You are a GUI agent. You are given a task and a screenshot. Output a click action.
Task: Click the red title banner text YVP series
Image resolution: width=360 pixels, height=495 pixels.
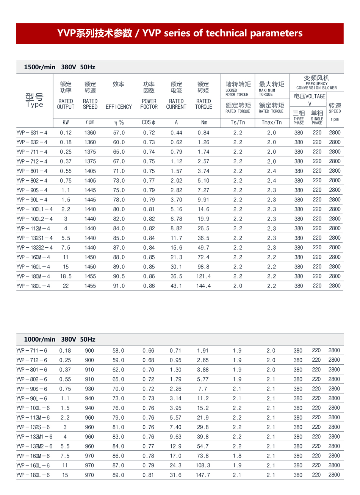click(180, 33)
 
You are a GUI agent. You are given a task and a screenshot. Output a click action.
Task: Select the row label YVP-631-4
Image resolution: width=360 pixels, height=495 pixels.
click(32, 133)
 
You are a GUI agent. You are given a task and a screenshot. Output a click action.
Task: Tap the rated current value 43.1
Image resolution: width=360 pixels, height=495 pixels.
click(176, 286)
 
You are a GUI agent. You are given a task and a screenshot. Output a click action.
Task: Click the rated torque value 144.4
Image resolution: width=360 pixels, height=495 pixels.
click(203, 286)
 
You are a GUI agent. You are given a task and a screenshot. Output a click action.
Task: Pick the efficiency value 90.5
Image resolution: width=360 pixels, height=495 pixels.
click(119, 276)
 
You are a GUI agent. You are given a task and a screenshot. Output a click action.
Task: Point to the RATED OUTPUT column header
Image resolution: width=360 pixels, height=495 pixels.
click(66, 104)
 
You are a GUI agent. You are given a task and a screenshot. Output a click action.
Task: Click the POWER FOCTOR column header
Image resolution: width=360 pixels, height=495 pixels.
click(149, 104)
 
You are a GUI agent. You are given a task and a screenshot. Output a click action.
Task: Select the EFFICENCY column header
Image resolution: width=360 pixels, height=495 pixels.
click(119, 107)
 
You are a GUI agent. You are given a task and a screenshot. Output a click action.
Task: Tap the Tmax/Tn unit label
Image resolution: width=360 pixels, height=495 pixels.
click(272, 122)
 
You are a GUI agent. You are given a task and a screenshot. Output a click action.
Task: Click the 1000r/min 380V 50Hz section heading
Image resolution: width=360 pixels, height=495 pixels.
click(59, 339)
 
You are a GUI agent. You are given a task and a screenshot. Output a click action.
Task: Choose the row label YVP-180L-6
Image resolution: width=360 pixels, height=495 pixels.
click(33, 475)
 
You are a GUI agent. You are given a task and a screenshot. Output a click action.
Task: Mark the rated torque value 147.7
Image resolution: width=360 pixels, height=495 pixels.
click(203, 475)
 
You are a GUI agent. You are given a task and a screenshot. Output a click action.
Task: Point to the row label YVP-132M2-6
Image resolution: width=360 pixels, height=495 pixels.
click(34, 446)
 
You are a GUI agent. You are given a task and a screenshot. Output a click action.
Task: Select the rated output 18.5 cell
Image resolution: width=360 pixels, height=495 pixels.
click(66, 276)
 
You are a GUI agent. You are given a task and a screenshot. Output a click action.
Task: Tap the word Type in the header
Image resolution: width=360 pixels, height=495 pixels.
click(34, 105)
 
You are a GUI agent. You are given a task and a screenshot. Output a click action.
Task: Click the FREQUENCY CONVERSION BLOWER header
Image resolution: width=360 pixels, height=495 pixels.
click(316, 86)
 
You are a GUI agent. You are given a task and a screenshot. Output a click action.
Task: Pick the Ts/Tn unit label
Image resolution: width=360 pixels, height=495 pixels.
click(238, 122)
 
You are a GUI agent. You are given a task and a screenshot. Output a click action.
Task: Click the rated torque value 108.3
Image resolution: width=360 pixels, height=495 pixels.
click(203, 465)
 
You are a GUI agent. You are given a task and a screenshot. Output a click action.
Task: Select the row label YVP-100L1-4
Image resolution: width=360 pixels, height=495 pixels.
click(34, 209)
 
